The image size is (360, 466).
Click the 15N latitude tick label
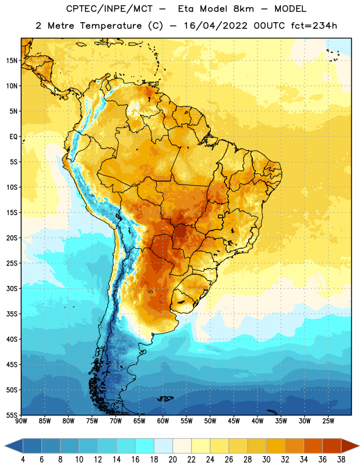pos(12,61)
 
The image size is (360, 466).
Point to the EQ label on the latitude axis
pos(13,137)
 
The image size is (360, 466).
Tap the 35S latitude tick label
pos(12,314)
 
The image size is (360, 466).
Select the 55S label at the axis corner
pos(12,415)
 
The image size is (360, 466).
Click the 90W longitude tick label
pos(21,421)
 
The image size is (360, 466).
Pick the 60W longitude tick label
pos(163,421)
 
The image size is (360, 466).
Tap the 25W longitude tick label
pos(328,421)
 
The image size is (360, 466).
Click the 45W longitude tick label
pos(234,421)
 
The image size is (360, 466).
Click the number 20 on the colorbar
pos(172,460)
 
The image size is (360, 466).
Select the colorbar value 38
pos(341,460)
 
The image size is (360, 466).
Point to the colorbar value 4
pos(23,460)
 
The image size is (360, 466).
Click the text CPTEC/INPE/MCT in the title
pos(109,9)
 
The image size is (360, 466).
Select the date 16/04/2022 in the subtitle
pos(216,26)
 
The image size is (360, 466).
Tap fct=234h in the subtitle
pos(314,26)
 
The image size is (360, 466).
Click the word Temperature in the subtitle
pos(111,26)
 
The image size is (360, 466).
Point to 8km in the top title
pos(243,9)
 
